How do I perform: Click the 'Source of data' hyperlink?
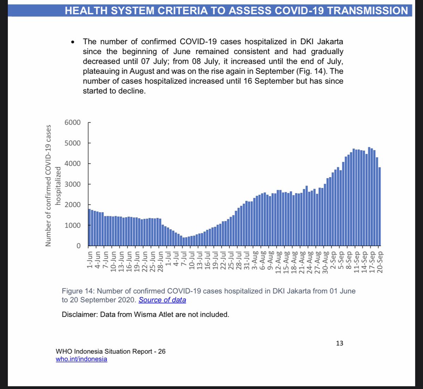pyautogui.click(x=162, y=300)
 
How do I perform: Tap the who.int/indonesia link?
pyautogui.click(x=81, y=359)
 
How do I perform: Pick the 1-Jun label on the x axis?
pyautogui.click(x=90, y=260)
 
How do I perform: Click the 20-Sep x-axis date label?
pyautogui.click(x=380, y=262)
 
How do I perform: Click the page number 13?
pyautogui.click(x=339, y=343)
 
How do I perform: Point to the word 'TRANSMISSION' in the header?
pyautogui.click(x=368, y=11)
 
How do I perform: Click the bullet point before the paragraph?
pyautogui.click(x=73, y=42)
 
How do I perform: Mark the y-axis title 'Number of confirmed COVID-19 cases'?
pyautogui.click(x=48, y=185)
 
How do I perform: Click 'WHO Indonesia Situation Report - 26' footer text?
pyautogui.click(x=110, y=351)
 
